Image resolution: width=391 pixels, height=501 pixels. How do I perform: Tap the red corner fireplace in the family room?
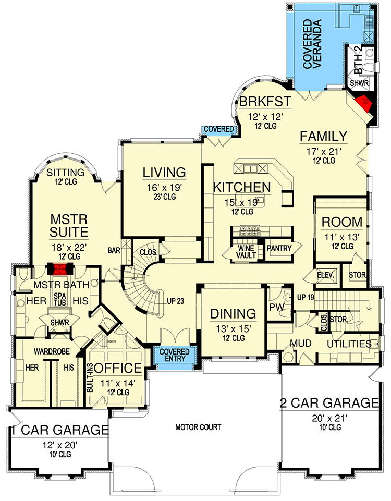click(365, 102)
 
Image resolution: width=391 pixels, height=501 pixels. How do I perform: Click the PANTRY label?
click(279, 249)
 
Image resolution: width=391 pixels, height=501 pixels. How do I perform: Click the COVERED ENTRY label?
click(175, 355)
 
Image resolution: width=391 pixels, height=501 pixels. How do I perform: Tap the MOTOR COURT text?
click(198, 427)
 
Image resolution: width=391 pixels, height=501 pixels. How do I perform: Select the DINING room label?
click(233, 314)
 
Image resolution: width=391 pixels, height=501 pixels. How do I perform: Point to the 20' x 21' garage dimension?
click(328, 418)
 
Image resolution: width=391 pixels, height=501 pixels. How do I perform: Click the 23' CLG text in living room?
click(165, 197)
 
